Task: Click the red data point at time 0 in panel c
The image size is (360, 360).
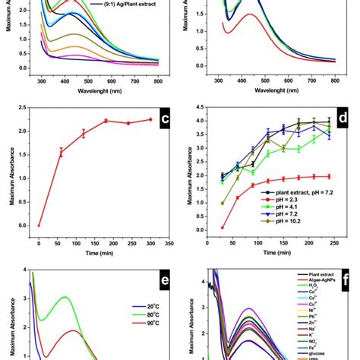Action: click(39, 226)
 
